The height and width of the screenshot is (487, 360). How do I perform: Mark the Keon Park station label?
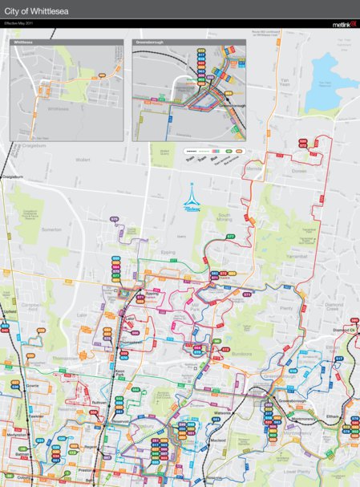point(119,371)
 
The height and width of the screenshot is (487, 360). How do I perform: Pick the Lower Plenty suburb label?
point(297,472)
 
